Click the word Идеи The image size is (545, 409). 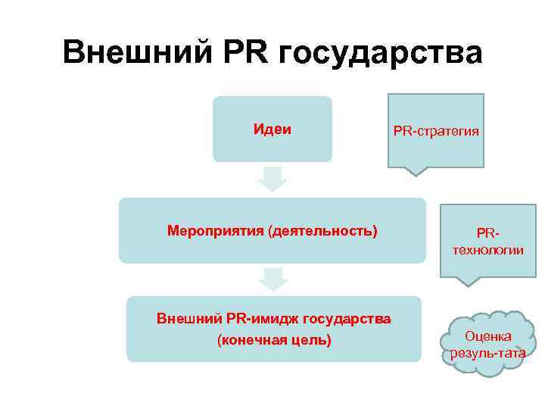coord(272,129)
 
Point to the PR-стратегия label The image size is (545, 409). coord(436,131)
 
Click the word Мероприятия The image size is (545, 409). coord(214,229)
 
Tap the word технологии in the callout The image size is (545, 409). coord(489,250)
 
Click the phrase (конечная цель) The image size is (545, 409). coord(273,339)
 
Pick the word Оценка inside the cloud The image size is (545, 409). coord(487,336)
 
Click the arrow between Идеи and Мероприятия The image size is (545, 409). coord(272,179)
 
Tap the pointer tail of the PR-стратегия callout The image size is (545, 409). coord(415,170)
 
